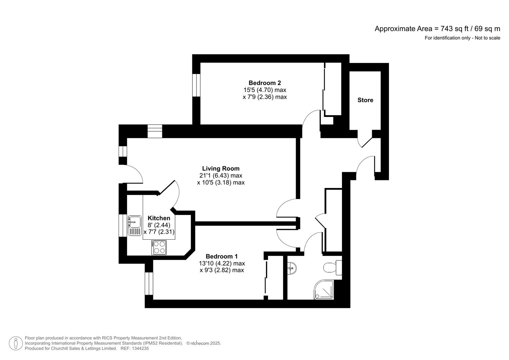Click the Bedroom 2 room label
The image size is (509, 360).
click(265, 83)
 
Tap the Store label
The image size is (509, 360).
click(365, 100)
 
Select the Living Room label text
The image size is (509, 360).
click(221, 169)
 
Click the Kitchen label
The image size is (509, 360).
click(159, 218)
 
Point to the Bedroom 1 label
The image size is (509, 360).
click(222, 256)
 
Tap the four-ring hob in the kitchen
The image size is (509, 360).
click(159, 247)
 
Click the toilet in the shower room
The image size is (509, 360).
click(332, 267)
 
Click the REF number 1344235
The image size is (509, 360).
click(140, 348)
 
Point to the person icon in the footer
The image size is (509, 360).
click(16, 343)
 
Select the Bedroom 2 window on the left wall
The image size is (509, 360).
click(196, 85)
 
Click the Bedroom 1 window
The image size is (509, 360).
click(149, 284)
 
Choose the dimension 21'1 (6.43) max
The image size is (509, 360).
click(221, 176)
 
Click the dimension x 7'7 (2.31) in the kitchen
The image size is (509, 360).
click(159, 232)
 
